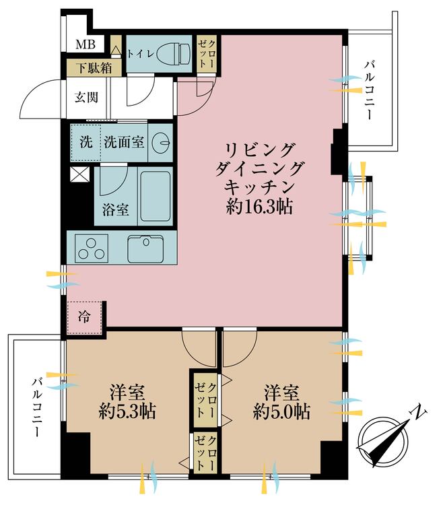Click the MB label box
coord(85,45)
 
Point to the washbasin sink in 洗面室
coord(160,143)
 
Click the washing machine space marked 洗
coord(86,142)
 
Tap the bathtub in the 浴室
coord(155,197)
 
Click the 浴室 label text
coord(116,209)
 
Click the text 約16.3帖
coord(260,207)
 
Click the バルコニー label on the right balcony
coord(368,90)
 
